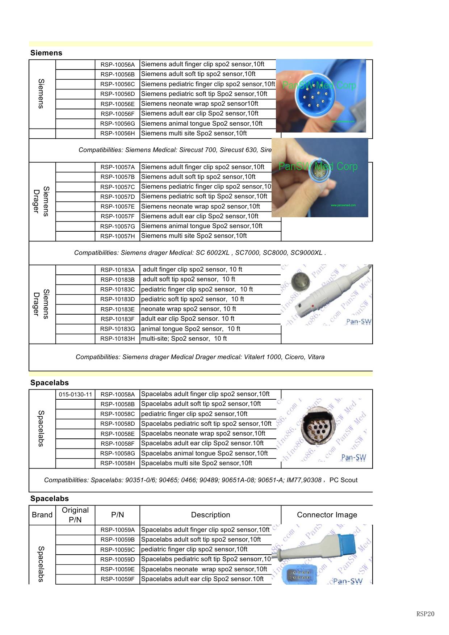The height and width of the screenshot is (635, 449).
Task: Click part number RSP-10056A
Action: (x=117, y=65)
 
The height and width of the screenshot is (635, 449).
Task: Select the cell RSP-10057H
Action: (x=117, y=236)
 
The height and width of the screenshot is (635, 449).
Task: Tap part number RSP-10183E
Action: (x=117, y=310)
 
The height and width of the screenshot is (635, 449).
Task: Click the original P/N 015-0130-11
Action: (x=75, y=394)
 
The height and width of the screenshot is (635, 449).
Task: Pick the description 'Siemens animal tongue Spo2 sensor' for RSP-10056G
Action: (x=201, y=123)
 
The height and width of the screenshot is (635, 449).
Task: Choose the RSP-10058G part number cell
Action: (x=117, y=454)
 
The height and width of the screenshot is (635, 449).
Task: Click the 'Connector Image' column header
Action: (x=327, y=515)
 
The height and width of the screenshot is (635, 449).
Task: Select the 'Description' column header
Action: (x=210, y=515)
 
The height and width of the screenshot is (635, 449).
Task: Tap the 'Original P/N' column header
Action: (x=75, y=515)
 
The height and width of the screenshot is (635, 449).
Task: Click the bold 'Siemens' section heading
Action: (x=46, y=53)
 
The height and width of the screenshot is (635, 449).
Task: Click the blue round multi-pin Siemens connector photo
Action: (x=320, y=96)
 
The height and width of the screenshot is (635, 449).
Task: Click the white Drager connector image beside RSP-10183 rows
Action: (x=326, y=295)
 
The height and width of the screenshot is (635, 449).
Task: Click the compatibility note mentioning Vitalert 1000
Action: (x=200, y=357)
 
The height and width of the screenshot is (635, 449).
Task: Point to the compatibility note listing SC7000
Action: (x=200, y=253)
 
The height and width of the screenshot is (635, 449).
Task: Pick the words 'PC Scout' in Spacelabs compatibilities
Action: (x=343, y=480)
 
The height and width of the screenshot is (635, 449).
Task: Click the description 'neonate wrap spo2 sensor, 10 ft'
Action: (x=188, y=309)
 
